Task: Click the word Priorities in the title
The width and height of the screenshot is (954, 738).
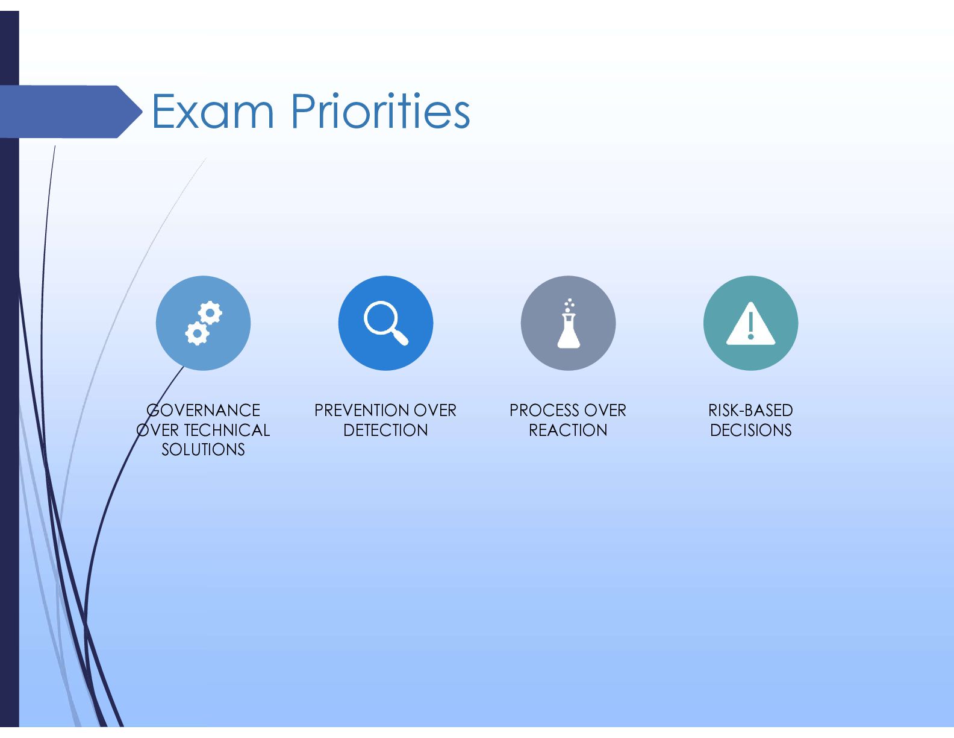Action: [x=380, y=111]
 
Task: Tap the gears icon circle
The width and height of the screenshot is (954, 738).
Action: [x=204, y=323]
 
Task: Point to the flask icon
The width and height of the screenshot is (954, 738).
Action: [x=569, y=324]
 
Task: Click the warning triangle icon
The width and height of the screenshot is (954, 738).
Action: [x=750, y=323]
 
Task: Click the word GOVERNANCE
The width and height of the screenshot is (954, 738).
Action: [x=203, y=410]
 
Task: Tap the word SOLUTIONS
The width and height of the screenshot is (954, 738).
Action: [x=203, y=449]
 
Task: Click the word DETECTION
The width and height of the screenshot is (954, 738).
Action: [x=385, y=430]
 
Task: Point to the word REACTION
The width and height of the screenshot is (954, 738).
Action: [x=568, y=430]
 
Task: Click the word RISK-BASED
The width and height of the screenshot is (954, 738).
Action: [x=750, y=410]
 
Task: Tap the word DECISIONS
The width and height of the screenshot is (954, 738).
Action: [x=750, y=430]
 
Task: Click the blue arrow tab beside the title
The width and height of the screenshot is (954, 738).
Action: [x=71, y=112]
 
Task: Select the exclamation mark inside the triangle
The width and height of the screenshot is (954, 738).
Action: [x=750, y=325]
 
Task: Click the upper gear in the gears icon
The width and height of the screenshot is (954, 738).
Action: [x=210, y=313]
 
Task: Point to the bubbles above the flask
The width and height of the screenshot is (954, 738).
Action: [x=569, y=305]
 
